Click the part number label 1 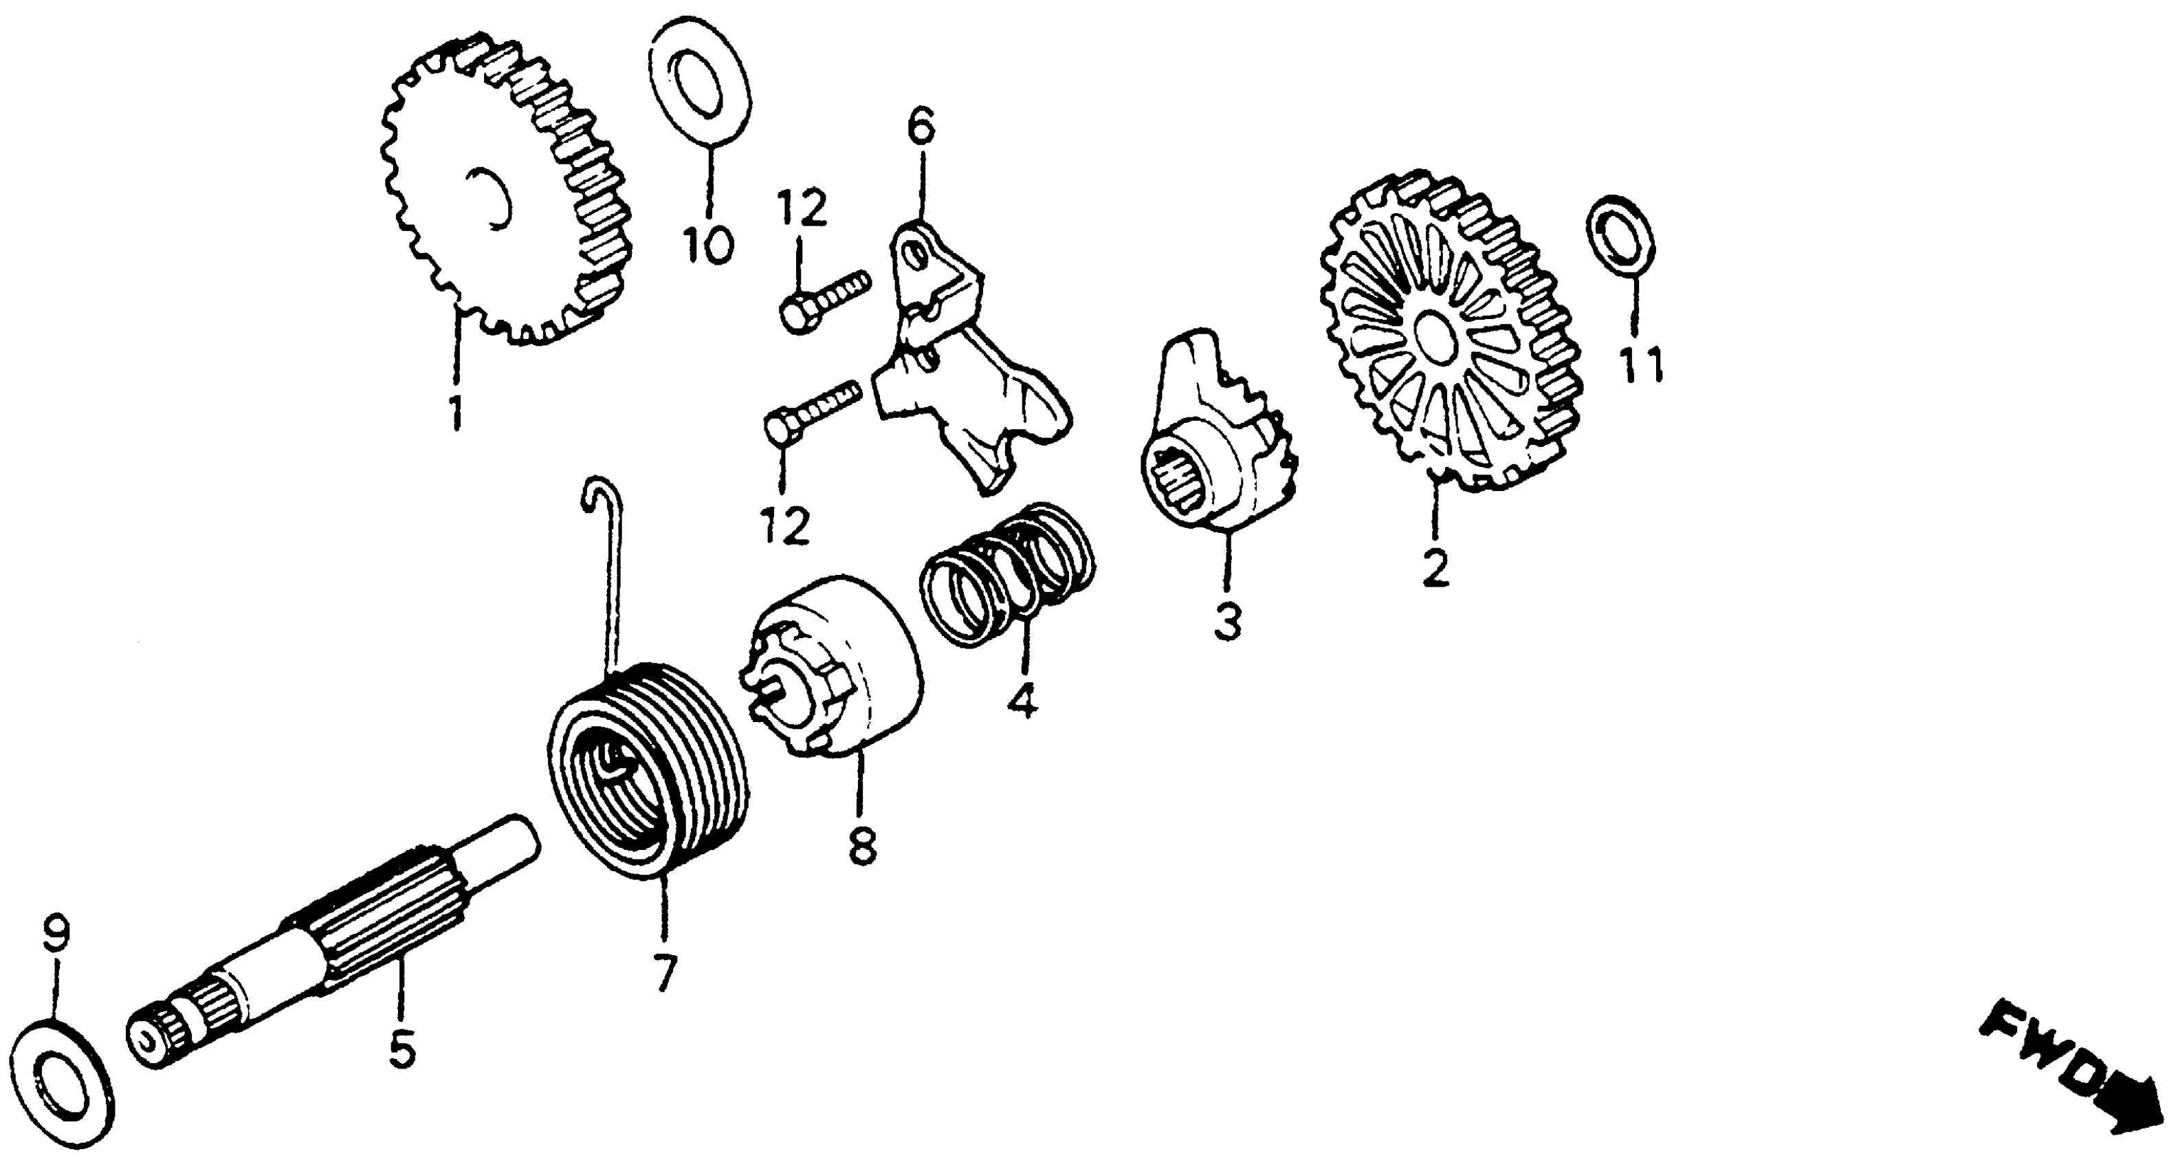point(456,412)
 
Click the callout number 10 point(708,245)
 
